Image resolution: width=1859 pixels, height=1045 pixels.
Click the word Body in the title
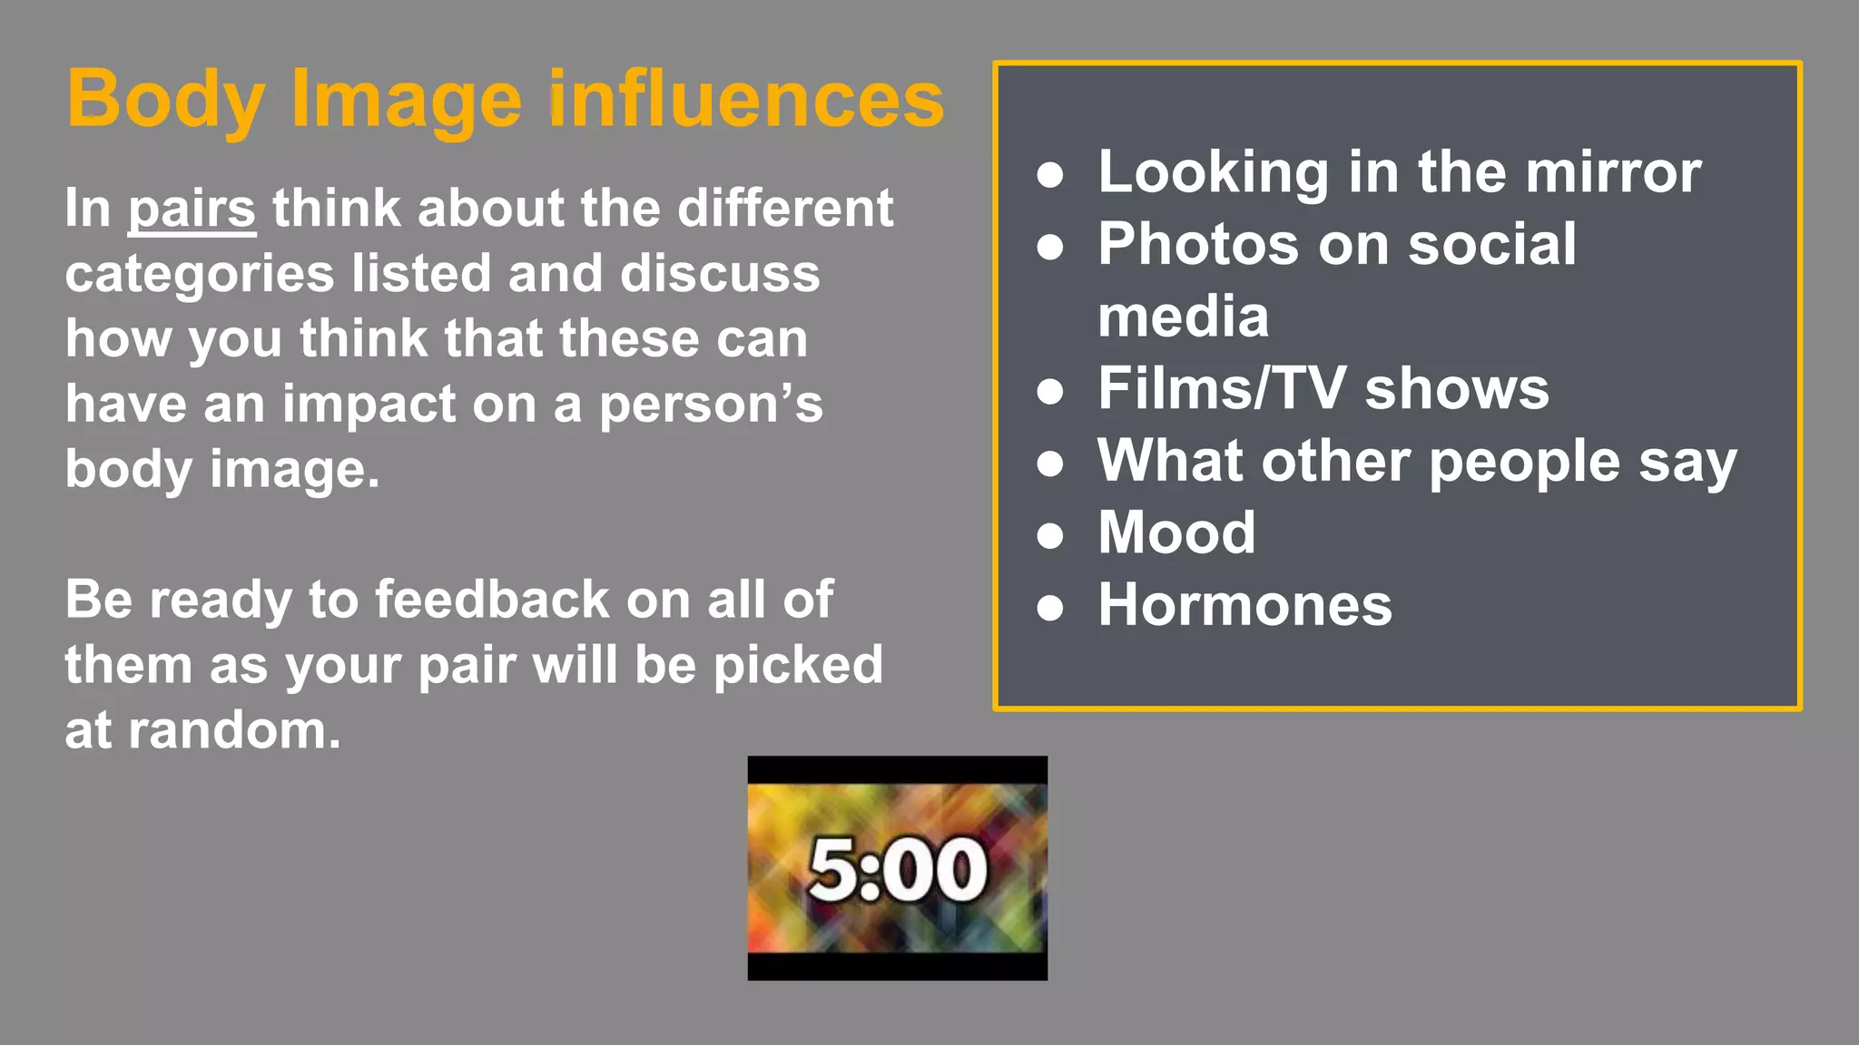point(165,100)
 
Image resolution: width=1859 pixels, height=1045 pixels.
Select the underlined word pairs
point(192,210)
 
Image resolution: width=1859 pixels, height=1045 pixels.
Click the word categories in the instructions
point(200,275)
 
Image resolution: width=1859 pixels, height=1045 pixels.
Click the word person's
point(711,405)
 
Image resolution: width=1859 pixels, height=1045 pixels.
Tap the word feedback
point(492,600)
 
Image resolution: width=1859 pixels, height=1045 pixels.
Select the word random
point(234,730)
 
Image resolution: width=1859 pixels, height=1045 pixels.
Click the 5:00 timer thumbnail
point(897,868)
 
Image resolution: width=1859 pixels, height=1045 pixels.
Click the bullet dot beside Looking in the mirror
point(1050,174)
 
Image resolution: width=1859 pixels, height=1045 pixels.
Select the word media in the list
point(1183,317)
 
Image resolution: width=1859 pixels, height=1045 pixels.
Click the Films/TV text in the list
point(1222,388)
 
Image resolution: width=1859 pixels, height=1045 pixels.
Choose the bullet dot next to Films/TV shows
point(1050,391)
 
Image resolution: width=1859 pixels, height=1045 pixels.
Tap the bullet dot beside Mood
point(1050,535)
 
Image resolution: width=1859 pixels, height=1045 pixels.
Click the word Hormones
point(1244,605)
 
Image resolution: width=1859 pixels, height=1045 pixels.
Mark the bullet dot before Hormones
point(1050,608)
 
